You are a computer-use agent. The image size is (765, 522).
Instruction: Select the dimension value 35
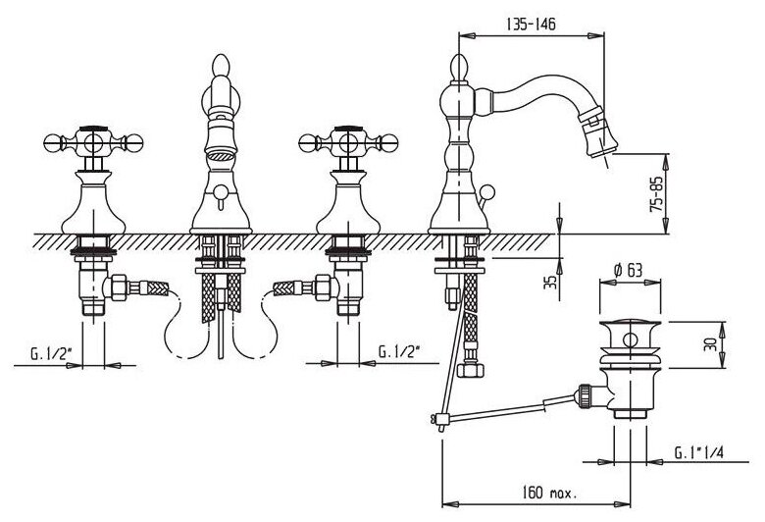(x=551, y=282)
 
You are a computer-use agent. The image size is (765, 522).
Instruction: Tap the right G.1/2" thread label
(x=401, y=350)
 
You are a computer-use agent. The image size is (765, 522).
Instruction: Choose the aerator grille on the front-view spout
(x=223, y=154)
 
